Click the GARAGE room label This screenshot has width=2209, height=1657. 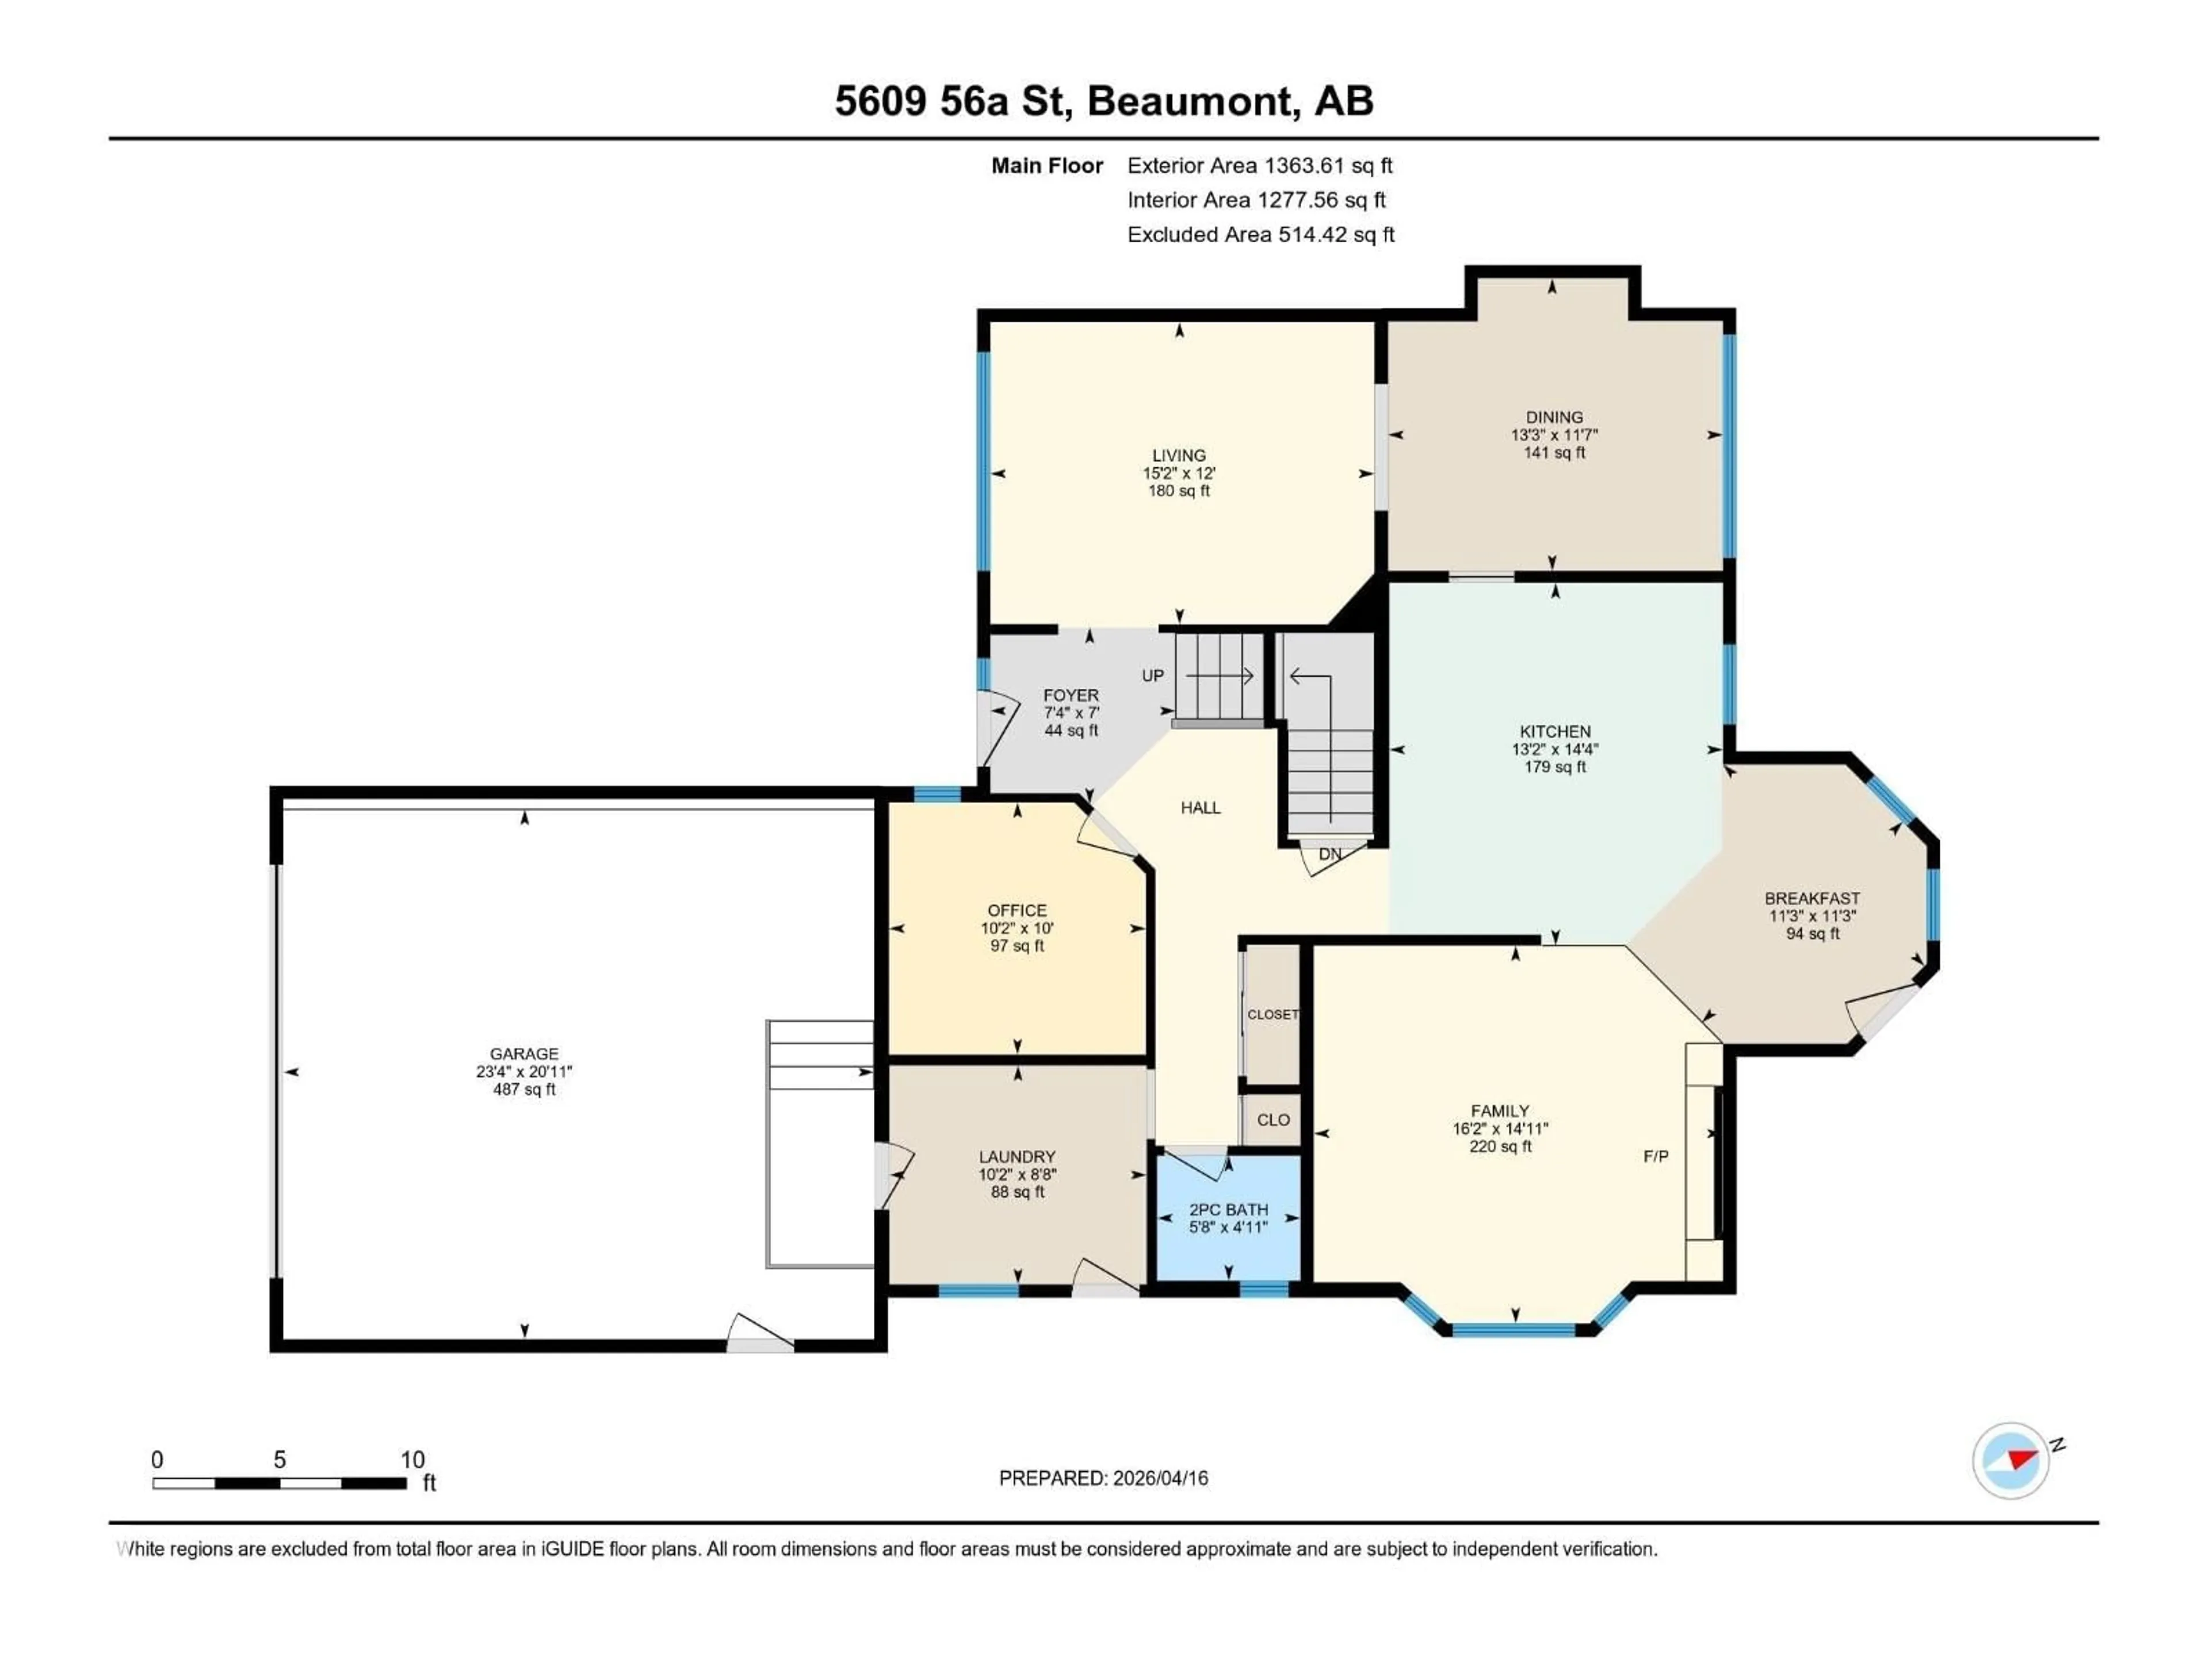523,1053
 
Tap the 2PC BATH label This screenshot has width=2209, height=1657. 1228,1209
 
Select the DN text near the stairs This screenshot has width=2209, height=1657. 1329,854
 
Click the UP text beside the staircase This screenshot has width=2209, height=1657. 1152,676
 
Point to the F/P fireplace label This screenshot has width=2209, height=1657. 1656,1156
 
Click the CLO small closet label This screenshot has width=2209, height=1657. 1273,1120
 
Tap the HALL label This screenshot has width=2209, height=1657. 1201,808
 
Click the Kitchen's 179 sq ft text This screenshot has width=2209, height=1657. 1555,767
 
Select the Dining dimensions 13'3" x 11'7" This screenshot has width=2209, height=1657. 1554,436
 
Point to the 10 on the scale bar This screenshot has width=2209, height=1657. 412,1460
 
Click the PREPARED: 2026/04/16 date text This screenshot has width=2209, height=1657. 1103,1478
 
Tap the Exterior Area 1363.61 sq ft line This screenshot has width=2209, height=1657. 1259,166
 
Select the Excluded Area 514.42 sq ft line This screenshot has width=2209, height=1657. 1260,235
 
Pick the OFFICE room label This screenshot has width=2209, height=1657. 1016,911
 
